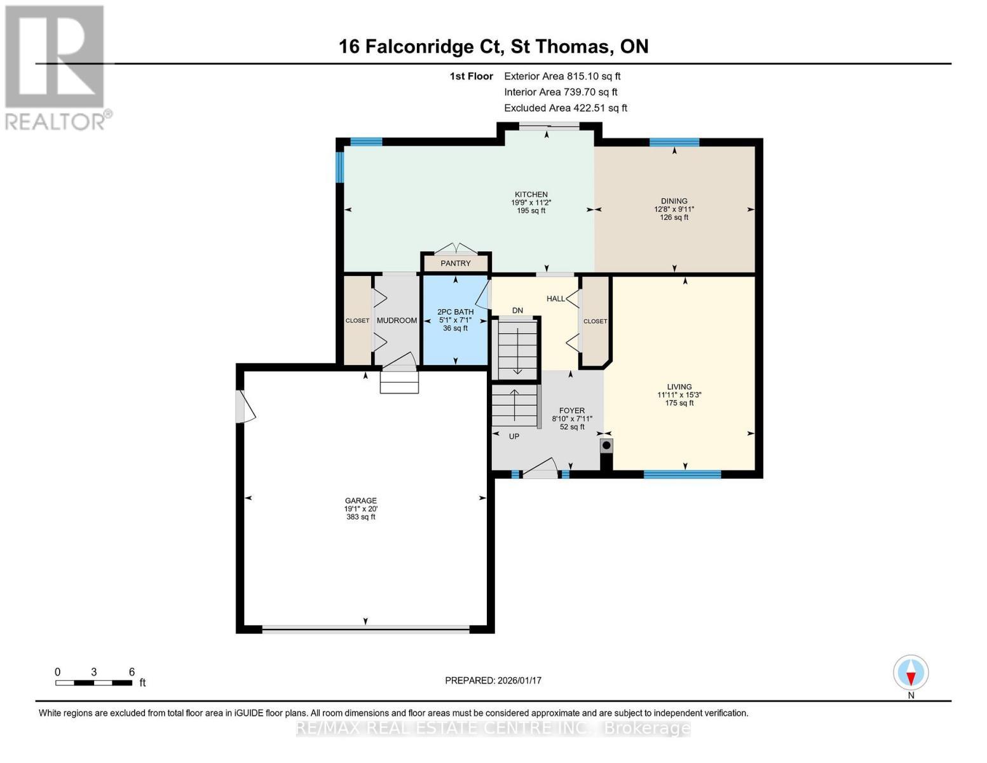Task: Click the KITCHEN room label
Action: click(531, 195)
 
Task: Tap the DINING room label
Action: click(674, 201)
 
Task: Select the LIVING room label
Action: click(679, 387)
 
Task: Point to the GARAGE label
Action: click(360, 500)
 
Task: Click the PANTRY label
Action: click(456, 264)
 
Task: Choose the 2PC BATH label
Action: click(455, 312)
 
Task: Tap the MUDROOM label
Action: click(397, 320)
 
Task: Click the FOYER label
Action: click(572, 410)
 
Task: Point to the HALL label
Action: click(555, 299)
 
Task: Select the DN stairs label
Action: click(517, 310)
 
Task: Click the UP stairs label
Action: click(514, 436)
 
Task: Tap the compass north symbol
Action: click(911, 673)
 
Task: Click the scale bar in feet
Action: click(93, 683)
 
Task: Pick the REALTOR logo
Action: click(57, 68)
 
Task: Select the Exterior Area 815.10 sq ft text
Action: click(562, 76)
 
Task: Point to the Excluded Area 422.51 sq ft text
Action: click(566, 108)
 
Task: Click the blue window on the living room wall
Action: click(682, 474)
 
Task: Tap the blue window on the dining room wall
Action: click(674, 142)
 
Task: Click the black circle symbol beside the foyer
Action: click(606, 446)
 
